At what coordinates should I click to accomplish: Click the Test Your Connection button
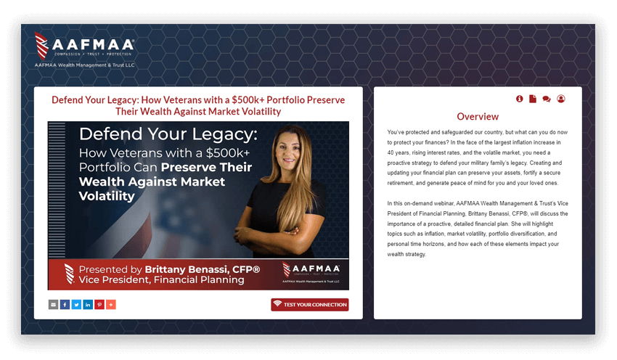coord(310,305)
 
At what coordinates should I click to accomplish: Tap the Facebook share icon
coord(65,305)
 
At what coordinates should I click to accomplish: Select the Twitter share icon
coord(76,305)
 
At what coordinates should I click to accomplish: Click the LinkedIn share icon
coord(88,305)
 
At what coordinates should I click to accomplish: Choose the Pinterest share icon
coord(99,305)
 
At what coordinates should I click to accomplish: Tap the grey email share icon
coord(53,305)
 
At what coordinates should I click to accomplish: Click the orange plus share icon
coord(111,305)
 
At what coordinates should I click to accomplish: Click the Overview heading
coord(478,116)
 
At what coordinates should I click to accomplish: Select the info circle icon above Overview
coord(520,99)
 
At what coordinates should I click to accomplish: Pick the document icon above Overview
coord(532,99)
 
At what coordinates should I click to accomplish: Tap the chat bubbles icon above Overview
coord(546,99)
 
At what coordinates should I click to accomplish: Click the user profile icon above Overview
coord(561,99)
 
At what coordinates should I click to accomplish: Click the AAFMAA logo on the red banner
coord(311,272)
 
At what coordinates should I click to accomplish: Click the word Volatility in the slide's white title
coord(107,196)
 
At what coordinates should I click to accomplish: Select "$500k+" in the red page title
coord(248,100)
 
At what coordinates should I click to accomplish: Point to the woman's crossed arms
coord(268,232)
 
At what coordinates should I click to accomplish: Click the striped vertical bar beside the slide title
coord(57,189)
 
